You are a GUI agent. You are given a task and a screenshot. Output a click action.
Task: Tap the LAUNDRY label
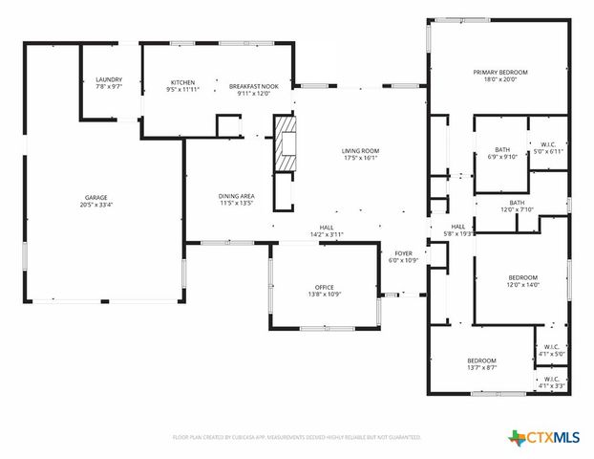[109, 79]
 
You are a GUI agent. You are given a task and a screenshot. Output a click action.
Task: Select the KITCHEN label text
[182, 82]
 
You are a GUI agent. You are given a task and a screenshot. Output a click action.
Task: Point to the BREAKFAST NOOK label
[253, 83]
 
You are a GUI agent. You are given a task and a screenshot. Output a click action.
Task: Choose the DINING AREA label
[236, 196]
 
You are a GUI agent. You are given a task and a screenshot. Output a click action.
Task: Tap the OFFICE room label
[325, 287]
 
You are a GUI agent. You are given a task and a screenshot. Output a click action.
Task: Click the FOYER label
[403, 253]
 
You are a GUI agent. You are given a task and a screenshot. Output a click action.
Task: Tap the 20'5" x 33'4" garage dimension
[93, 206]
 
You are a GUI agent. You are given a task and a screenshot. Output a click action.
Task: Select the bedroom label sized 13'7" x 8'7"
[481, 360]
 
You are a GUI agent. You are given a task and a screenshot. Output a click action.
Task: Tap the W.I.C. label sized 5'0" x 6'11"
[548, 144]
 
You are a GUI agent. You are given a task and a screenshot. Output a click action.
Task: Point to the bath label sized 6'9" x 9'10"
[502, 150]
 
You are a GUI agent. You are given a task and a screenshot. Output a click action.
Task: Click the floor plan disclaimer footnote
[297, 437]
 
